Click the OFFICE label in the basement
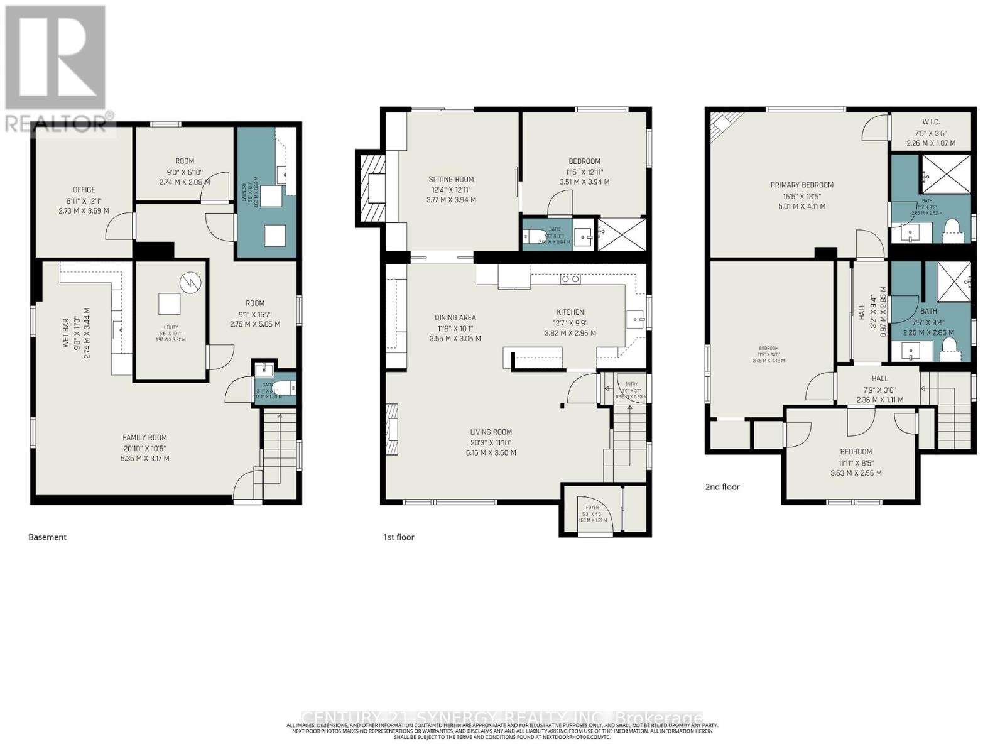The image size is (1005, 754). click(x=84, y=190)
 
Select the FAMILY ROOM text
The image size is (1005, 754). click(x=144, y=437)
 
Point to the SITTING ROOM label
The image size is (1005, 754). click(x=451, y=179)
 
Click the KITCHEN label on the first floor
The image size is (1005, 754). click(x=570, y=312)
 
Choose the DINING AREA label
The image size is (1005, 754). click(x=455, y=317)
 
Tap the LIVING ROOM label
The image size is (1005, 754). click(x=491, y=432)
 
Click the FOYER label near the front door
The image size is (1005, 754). click(x=592, y=507)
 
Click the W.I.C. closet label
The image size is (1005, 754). click(x=930, y=122)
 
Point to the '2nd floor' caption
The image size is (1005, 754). click(x=722, y=487)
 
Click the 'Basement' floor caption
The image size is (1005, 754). click(x=47, y=537)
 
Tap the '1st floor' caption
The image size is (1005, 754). click(x=398, y=537)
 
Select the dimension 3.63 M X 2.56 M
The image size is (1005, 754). click(x=856, y=473)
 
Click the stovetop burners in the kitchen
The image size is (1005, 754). click(x=570, y=279)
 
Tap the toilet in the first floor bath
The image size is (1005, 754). click(x=535, y=236)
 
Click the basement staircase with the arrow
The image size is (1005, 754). click(x=280, y=440)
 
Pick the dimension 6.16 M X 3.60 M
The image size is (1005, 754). click(x=491, y=452)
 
